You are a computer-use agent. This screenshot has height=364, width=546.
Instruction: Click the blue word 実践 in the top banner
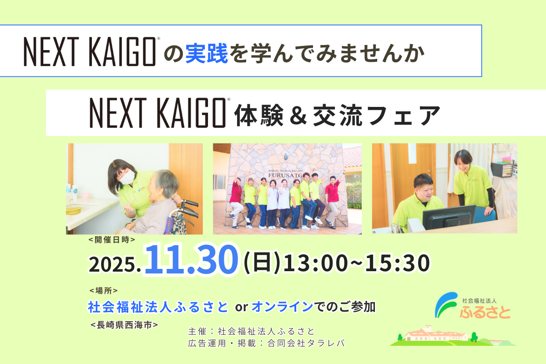pyautogui.click(x=207, y=53)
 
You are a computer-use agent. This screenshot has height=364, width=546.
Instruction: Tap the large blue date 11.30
pyautogui.click(x=192, y=259)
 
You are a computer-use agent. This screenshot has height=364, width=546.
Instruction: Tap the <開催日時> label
pyautogui.click(x=112, y=240)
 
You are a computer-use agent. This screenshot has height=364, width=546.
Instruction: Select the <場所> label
pyautogui.click(x=104, y=290)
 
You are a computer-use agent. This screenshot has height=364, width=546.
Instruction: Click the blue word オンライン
pyautogui.click(x=282, y=307)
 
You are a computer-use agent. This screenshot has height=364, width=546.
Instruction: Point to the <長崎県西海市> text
pyautogui.click(x=124, y=325)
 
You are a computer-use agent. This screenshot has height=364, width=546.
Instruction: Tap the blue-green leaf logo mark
pyautogui.click(x=446, y=304)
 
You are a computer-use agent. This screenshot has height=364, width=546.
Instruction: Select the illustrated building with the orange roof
pyautogui.click(x=436, y=333)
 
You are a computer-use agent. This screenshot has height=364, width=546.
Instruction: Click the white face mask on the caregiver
pyautogui.click(x=127, y=177)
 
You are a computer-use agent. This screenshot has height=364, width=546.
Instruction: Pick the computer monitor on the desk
pyautogui.click(x=449, y=217)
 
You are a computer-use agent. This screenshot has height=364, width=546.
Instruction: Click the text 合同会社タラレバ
pyautogui.click(x=306, y=343)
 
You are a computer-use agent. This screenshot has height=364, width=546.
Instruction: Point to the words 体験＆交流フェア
pyautogui.click(x=337, y=116)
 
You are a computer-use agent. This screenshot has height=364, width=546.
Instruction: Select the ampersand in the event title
pyautogui.click(x=298, y=116)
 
